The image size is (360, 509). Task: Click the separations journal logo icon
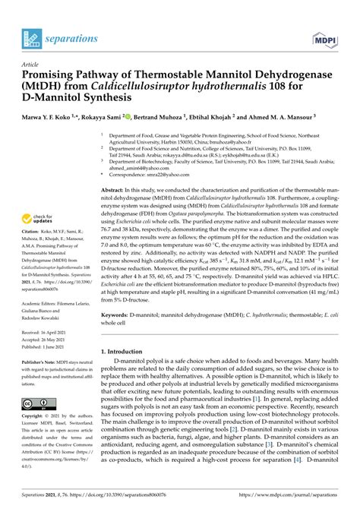[x=31, y=35]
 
